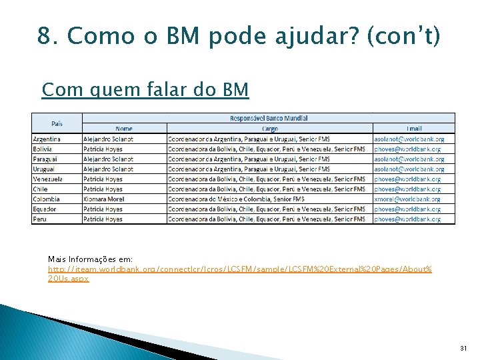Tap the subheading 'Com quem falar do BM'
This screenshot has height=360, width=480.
[x=145, y=89]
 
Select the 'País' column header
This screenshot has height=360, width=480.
[x=57, y=123]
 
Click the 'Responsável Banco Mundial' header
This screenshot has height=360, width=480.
[x=269, y=118]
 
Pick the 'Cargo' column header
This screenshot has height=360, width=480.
[x=270, y=128]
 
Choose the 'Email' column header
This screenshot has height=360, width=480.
[x=414, y=128]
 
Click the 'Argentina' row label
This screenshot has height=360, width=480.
[x=47, y=139]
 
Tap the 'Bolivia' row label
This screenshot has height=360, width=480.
[x=43, y=149]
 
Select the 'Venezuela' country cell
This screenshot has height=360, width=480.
[x=47, y=179]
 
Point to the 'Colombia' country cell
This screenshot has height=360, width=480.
[x=46, y=199]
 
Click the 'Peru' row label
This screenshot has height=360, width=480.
[x=40, y=219]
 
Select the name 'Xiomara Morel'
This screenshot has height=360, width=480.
[x=105, y=199]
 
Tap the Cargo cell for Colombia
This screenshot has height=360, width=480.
[x=236, y=199]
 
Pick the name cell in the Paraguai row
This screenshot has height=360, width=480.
[x=109, y=159]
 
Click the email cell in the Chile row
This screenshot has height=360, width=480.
[x=407, y=189]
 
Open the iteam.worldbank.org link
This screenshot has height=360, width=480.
[x=240, y=269]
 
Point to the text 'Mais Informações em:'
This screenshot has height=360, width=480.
[x=91, y=259]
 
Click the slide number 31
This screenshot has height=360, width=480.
[x=463, y=349]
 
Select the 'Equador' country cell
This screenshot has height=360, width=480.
[x=45, y=209]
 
